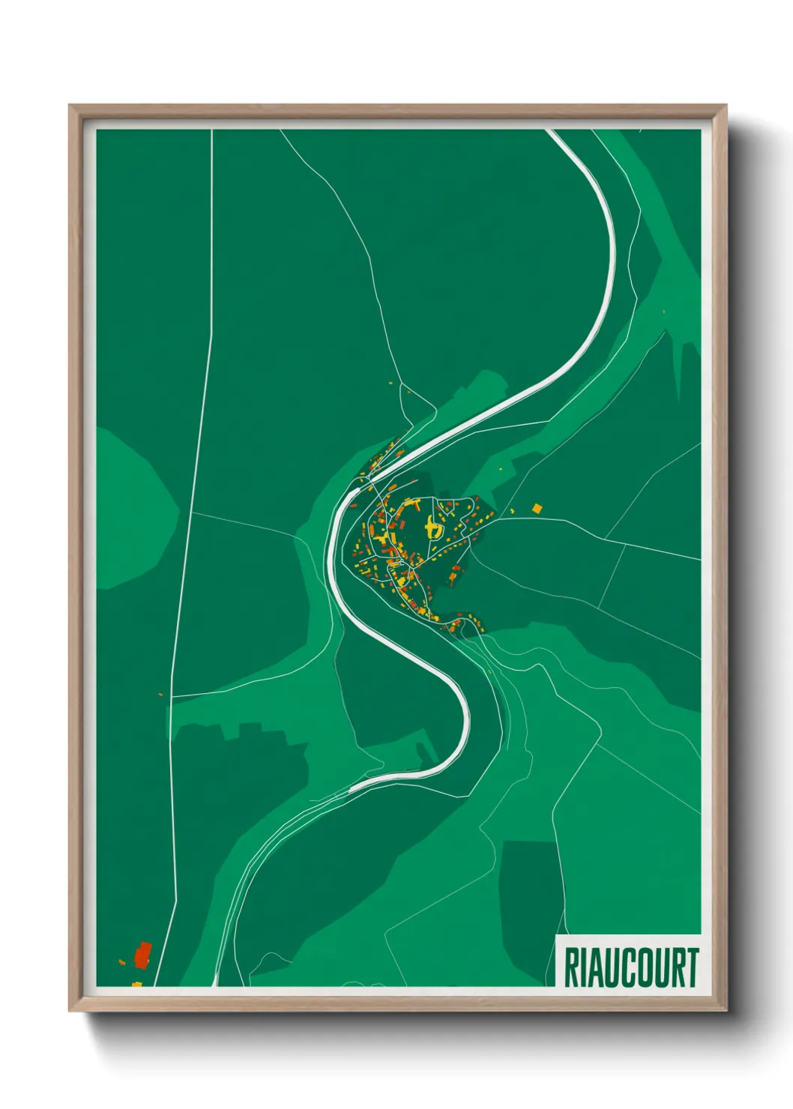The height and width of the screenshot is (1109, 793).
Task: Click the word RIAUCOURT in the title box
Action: (x=630, y=967)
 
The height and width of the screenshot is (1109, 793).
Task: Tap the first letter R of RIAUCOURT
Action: (x=570, y=967)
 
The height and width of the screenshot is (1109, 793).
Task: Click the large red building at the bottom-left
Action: (x=142, y=955)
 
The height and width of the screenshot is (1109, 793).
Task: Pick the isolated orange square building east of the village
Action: (x=537, y=509)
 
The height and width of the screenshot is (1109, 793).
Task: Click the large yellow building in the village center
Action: (x=432, y=528)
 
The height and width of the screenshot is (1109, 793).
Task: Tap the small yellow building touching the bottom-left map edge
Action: (x=137, y=983)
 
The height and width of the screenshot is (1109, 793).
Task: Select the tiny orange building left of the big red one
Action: (x=121, y=961)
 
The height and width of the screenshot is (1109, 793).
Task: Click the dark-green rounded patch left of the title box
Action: (x=529, y=907)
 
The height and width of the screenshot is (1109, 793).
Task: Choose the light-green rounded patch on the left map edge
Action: (x=131, y=510)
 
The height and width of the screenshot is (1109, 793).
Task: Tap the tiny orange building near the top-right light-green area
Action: (x=663, y=311)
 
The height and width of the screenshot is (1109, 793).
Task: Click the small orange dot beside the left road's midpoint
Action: (x=160, y=695)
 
